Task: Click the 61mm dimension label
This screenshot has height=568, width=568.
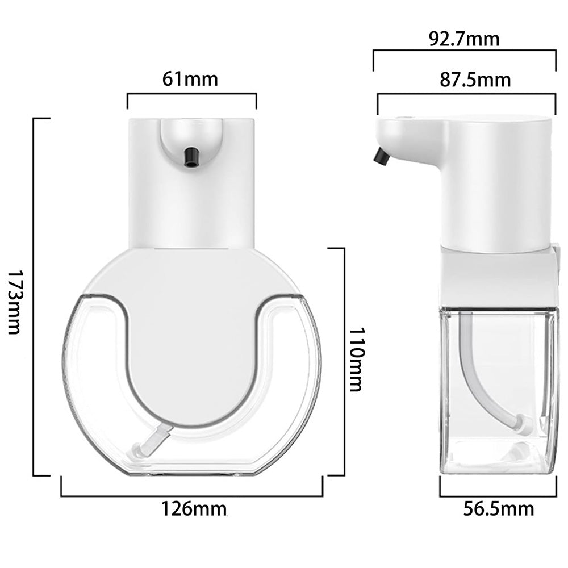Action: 190,79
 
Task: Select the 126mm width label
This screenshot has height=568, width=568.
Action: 193,509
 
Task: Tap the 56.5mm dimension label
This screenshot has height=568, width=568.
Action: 498,509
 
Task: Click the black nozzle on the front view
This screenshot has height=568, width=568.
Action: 192,157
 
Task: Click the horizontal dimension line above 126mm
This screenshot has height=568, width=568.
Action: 191,496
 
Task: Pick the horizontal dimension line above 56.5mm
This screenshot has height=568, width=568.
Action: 498,496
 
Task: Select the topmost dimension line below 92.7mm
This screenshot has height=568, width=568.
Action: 464,51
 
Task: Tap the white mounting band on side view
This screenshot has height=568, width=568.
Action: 497,278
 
